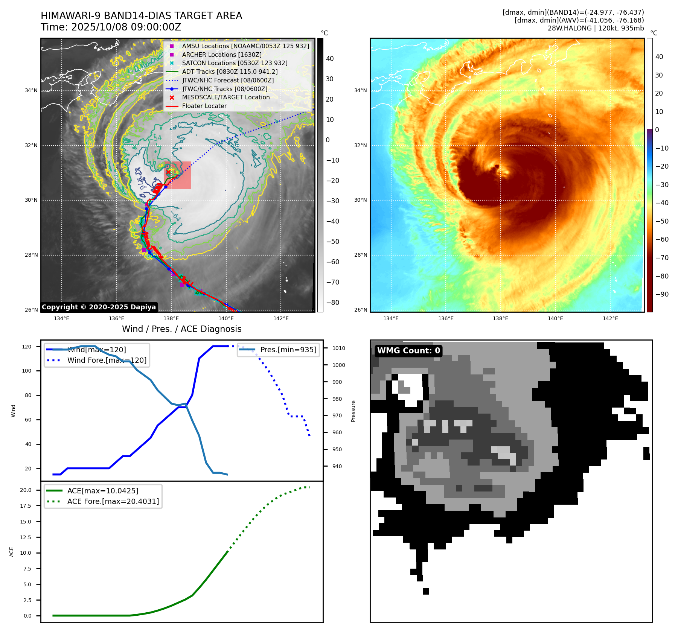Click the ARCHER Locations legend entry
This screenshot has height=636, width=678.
[221, 55]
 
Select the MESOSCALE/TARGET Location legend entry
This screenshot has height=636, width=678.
[225, 97]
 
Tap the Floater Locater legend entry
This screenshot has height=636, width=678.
[204, 106]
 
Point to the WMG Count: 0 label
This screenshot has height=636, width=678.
[408, 351]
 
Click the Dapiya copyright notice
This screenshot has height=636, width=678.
[99, 307]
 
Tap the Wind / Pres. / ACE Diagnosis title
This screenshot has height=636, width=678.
[181, 329]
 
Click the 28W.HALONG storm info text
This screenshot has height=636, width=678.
[596, 28]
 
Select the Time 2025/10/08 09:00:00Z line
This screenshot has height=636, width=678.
[111, 27]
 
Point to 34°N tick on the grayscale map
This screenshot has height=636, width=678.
[31, 90]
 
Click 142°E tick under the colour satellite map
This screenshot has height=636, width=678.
[610, 318]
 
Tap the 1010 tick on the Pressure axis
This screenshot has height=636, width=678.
[338, 348]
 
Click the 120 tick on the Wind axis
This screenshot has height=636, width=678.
[27, 347]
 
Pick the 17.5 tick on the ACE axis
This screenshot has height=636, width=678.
[26, 506]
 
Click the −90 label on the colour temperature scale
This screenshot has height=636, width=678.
[662, 294]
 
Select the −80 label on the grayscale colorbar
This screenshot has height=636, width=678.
[332, 303]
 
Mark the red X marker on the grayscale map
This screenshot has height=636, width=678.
[169, 172]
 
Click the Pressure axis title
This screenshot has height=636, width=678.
[353, 411]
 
